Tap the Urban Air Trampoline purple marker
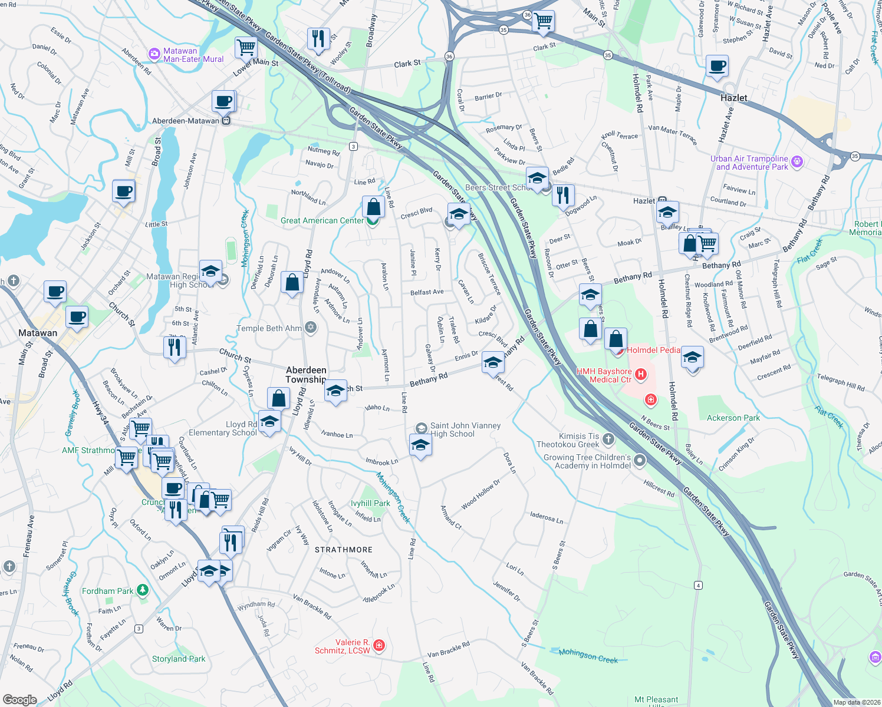tap(797, 161)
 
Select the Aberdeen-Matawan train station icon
tap(225, 121)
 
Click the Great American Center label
tap(322, 221)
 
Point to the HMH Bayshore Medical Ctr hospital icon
tap(641, 375)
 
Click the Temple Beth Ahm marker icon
tap(311, 328)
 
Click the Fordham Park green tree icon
tap(142, 590)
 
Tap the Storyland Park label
tap(179, 659)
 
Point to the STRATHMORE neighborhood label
tap(344, 550)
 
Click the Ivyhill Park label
tap(370, 503)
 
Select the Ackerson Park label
tap(733, 418)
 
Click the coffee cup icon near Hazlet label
tap(717, 67)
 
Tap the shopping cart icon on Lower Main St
tap(246, 47)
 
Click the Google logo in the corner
tap(19, 699)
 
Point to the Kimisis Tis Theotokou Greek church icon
tap(608, 439)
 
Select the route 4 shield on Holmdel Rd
tap(698, 585)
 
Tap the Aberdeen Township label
tap(305, 375)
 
